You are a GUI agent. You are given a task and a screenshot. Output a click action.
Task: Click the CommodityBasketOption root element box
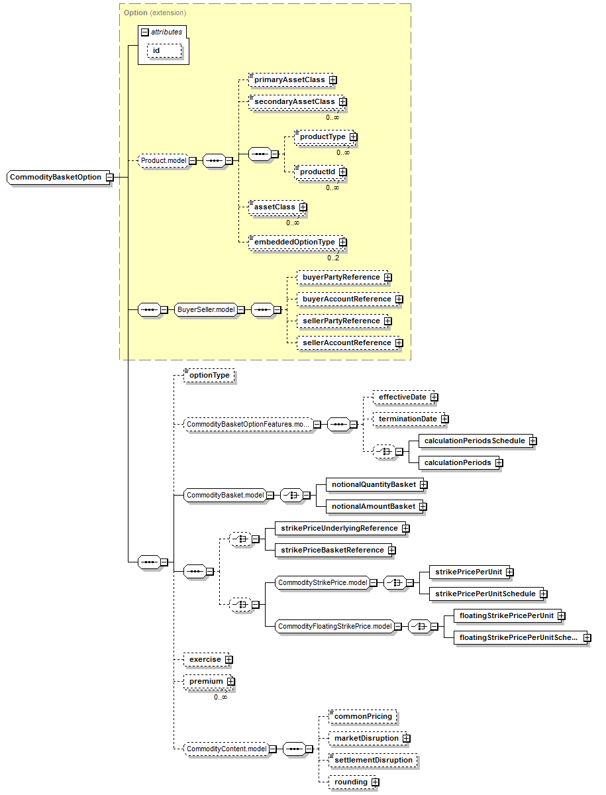[x=58, y=177]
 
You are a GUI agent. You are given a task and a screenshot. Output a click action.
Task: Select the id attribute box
[x=164, y=51]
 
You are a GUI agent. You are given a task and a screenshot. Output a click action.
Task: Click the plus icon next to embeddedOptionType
[x=343, y=242]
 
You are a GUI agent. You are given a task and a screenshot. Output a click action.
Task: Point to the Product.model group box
[x=164, y=160]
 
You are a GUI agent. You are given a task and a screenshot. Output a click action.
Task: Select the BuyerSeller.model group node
[x=206, y=309]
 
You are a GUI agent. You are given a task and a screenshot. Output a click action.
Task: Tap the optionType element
[x=209, y=375]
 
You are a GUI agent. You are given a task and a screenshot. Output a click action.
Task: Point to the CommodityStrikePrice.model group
[x=323, y=583]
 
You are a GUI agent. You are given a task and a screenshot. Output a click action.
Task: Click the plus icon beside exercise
[x=228, y=660]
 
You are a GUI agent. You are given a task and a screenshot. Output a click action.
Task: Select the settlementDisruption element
[x=374, y=761]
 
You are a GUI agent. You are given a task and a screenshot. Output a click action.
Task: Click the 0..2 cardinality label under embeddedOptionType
[x=333, y=258]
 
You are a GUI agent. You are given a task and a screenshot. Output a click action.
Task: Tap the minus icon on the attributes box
[x=145, y=32]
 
